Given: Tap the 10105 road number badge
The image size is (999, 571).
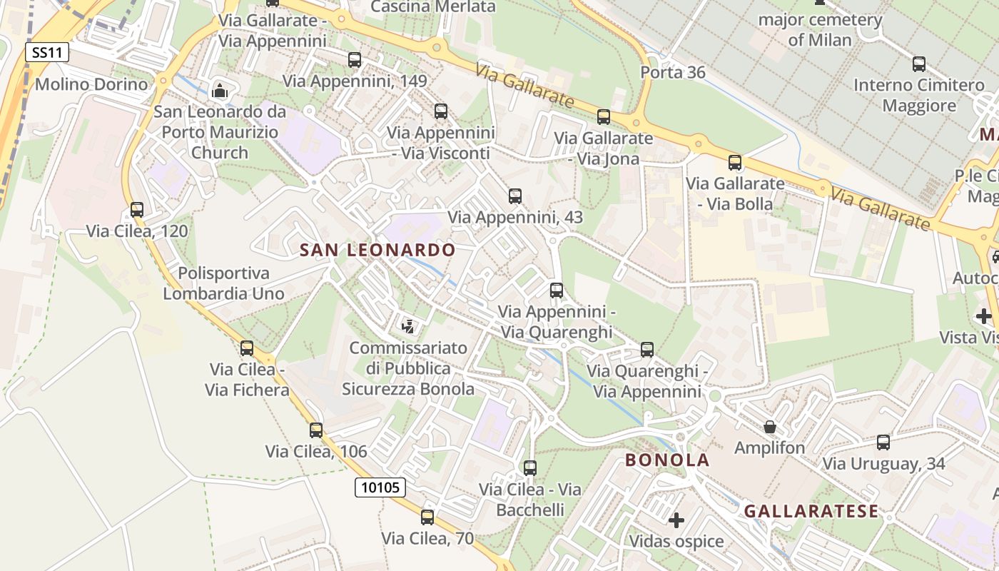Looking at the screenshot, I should coord(380,487).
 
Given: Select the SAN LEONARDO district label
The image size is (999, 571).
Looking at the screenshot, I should coord(377,250).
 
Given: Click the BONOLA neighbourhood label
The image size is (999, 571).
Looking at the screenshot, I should coord(667,460).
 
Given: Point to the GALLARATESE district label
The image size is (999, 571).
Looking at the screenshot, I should coord(811,511).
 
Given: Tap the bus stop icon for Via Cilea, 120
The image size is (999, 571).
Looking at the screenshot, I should coord(137,210).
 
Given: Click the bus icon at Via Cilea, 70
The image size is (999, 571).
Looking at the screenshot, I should coord(427,517).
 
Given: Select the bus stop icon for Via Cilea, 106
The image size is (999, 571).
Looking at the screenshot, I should coord(316,430).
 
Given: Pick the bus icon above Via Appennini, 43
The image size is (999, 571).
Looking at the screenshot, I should coord(515,196).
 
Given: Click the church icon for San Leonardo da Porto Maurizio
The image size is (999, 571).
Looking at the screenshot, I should coord(220,91).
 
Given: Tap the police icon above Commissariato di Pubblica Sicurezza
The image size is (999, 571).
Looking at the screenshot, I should coord(408,327).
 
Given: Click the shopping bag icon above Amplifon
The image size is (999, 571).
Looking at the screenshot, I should coord(770,427).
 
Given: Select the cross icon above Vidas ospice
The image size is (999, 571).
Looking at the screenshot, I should coord(676,520).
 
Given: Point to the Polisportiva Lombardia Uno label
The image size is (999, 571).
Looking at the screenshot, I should coord(223,283).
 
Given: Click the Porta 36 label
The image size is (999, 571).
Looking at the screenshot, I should coord(673,72).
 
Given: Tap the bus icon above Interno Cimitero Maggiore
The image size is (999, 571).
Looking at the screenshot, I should coord(919,64).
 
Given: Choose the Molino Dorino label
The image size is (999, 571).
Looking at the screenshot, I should coord(91,84).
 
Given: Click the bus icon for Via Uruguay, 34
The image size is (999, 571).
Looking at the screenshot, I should coord(883,443).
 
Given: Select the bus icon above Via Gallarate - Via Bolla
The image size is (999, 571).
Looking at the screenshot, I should coord(735,163).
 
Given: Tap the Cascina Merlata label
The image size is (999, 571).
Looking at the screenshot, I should coord(433,7).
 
